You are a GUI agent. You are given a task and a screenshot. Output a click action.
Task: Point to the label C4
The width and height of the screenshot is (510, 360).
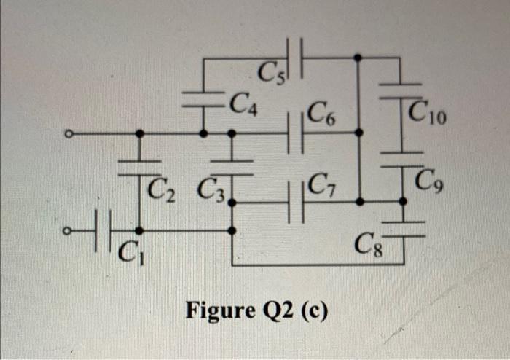tap(241, 105)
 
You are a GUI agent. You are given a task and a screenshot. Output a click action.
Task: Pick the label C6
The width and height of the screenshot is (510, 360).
tap(322, 114)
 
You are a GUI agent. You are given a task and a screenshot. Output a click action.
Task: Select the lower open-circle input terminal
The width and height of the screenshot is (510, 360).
tap(68, 231)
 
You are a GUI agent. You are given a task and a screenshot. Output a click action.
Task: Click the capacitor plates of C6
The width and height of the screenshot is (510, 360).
tap(296, 133)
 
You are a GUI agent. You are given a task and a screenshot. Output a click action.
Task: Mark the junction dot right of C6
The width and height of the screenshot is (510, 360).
tap(357, 133)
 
